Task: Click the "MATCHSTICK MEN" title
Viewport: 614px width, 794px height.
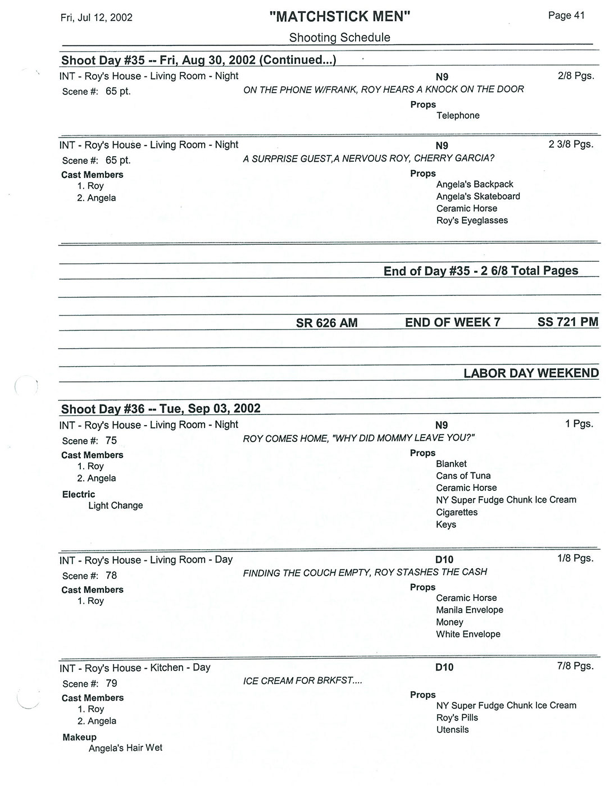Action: coord(340,17)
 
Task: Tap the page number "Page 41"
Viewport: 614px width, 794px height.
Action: coord(566,16)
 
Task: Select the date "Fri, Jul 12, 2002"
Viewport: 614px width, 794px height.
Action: coord(97,17)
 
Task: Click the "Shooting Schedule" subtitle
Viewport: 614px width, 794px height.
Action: coord(339,38)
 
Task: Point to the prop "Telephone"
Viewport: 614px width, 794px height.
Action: coord(458,116)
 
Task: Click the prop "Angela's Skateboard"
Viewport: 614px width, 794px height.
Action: coord(478,197)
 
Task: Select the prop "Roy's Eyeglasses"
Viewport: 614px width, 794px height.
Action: coord(472,221)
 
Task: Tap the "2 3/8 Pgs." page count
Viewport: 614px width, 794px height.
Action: coord(571,144)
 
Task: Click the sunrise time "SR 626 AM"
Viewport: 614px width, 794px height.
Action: coord(326,323)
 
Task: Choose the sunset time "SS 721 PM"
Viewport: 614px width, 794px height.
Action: coord(567,322)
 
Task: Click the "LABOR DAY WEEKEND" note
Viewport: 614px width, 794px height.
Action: coord(531,373)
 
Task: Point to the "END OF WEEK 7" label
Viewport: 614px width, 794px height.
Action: coord(452,322)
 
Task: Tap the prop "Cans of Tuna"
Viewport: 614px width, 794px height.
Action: coord(463,476)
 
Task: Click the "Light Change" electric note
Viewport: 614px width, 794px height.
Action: coord(116,505)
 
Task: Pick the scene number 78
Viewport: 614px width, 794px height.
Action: coord(111,576)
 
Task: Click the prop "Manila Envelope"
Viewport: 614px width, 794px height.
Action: coord(470,610)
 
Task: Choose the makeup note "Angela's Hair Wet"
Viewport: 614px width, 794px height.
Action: coord(125,748)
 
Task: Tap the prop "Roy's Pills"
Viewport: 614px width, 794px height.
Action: coord(457,718)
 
